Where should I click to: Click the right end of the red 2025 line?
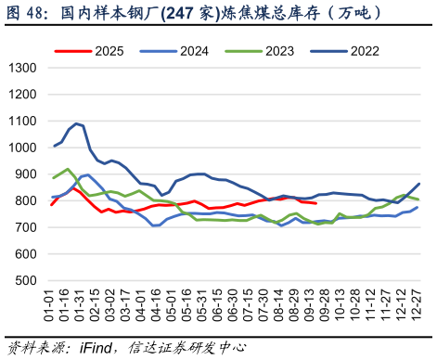(x=316, y=203)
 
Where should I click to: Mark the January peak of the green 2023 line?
(x=68, y=169)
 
